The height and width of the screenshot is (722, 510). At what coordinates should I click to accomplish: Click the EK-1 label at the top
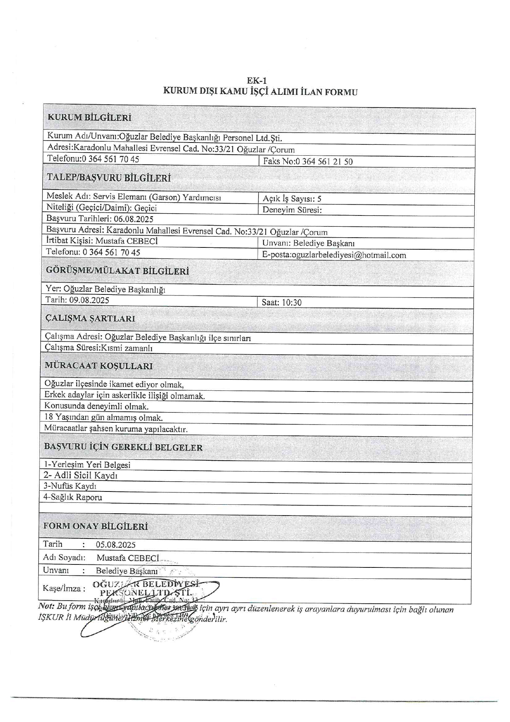pyautogui.click(x=257, y=80)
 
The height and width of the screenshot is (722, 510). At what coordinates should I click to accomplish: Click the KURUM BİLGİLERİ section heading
pyautogui.click(x=89, y=117)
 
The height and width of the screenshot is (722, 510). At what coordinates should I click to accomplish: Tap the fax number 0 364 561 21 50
pyautogui.click(x=324, y=162)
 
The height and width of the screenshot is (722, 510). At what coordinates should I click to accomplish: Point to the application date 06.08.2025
pyautogui.click(x=133, y=219)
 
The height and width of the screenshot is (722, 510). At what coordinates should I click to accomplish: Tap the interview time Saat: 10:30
pyautogui.click(x=281, y=302)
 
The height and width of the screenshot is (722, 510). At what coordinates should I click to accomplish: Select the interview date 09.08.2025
pyautogui.click(x=89, y=300)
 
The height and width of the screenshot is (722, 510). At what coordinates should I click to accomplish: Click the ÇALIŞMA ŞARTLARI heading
pyautogui.click(x=90, y=319)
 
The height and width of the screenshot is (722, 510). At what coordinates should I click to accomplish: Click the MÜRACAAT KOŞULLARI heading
pyautogui.click(x=98, y=366)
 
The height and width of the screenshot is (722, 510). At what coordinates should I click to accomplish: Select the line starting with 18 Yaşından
pyautogui.click(x=103, y=417)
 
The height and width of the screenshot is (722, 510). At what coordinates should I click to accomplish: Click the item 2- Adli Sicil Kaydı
pyautogui.click(x=81, y=475)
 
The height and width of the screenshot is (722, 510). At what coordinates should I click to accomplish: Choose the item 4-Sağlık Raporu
pyautogui.click(x=73, y=497)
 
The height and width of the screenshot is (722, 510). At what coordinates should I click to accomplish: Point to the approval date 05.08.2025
pyautogui.click(x=115, y=545)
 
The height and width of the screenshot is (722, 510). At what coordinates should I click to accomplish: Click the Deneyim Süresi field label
pyautogui.click(x=292, y=210)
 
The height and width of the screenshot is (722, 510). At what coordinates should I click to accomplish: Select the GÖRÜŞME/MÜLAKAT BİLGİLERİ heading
pyautogui.click(x=117, y=271)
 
